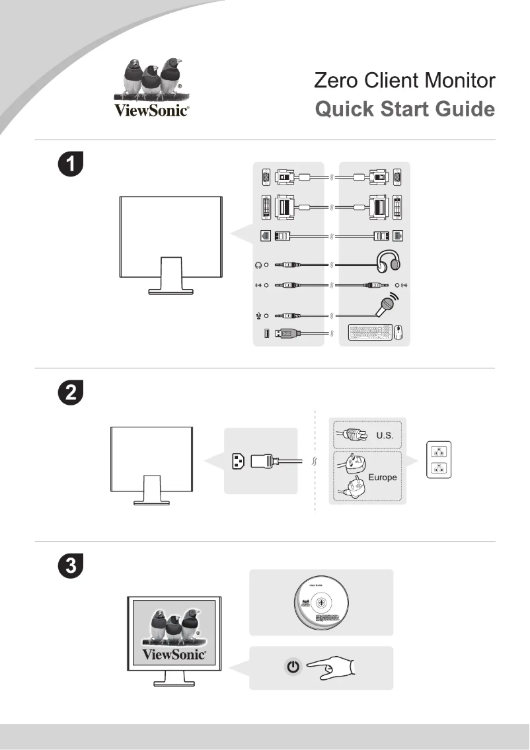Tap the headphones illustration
(x=387, y=261)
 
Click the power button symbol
(x=293, y=668)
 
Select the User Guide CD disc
(x=320, y=603)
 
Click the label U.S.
(x=385, y=436)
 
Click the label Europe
(x=383, y=477)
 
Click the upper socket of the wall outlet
(x=437, y=452)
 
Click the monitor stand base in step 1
(x=170, y=289)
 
